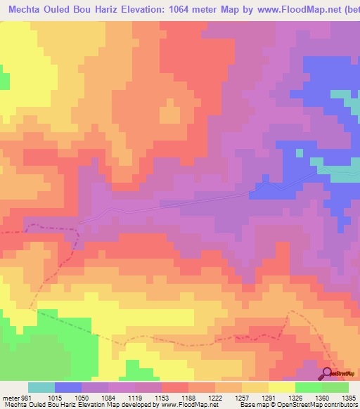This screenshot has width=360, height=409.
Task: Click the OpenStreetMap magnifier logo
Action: point(328,372)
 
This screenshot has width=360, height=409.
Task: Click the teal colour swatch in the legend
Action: point(41,387)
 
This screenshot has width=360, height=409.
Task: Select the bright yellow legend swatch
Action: point(281,387)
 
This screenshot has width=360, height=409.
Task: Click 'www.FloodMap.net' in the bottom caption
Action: point(172,404)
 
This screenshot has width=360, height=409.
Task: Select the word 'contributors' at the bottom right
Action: point(339,404)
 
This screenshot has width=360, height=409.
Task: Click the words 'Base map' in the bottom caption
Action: point(251,404)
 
